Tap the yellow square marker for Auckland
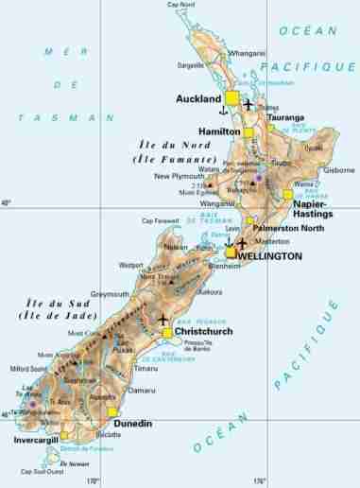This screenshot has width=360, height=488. point(231,97)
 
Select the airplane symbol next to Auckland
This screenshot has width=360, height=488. point(249,104)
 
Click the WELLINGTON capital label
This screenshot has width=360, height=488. point(270,256)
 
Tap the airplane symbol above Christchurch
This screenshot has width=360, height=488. point(164,318)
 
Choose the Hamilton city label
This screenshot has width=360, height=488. point(217,131)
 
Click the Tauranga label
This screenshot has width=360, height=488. point(282,118)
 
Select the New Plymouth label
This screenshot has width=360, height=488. point(179,176)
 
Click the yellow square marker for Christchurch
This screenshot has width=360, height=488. point(167,332)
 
